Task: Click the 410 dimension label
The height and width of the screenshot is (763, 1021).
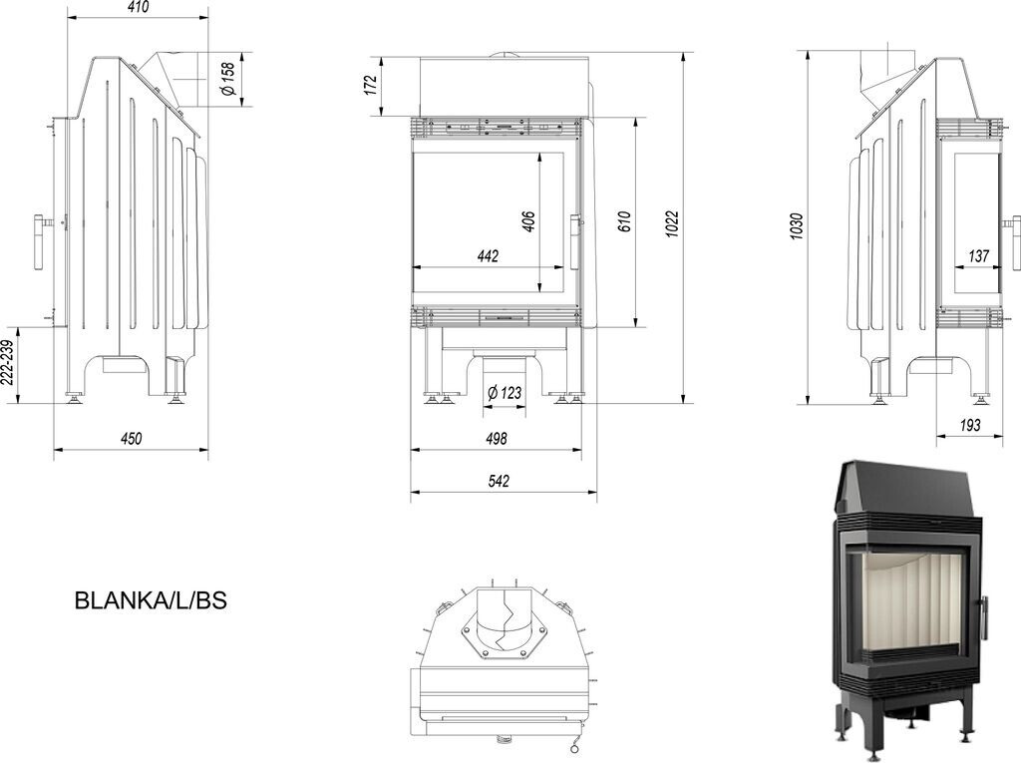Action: pos(138,7)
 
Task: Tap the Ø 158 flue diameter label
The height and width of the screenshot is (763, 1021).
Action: pos(228,79)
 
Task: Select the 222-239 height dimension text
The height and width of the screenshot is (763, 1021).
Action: pos(8,363)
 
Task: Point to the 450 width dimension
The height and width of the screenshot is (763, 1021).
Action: pos(131,439)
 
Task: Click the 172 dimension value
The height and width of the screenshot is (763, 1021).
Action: pos(371,86)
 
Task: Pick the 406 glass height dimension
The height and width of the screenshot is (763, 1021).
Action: pos(528,221)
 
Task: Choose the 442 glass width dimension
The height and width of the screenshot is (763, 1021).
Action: pos(488,256)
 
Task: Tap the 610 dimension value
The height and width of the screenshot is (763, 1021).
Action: pos(624,222)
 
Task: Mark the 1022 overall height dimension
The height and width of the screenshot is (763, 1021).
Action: pos(673,224)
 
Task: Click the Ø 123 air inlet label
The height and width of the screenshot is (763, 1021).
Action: pos(505,393)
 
